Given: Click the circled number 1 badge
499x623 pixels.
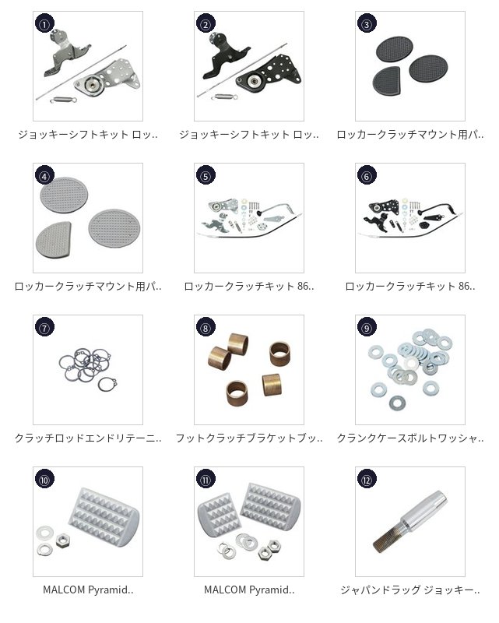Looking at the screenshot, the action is click(x=44, y=24).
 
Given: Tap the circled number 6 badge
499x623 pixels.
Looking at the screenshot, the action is click(x=367, y=176).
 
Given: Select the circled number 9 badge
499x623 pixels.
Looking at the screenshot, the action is click(x=367, y=327).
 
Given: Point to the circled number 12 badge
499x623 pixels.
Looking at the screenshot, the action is click(x=367, y=480).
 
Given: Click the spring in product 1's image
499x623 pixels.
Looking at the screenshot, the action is click(x=63, y=100).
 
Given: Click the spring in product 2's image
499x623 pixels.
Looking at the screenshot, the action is click(x=224, y=97).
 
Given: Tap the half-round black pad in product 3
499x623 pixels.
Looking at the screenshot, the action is click(x=386, y=80).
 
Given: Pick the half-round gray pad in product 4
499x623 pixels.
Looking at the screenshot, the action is click(x=53, y=240).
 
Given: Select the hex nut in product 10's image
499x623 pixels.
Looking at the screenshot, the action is click(x=63, y=540).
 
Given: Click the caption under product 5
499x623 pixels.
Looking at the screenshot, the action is click(x=249, y=286).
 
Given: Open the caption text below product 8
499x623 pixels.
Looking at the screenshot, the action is click(x=249, y=438).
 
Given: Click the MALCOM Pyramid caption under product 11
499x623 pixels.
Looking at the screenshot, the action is click(x=249, y=590).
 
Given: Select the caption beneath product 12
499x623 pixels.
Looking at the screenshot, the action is click(x=410, y=590).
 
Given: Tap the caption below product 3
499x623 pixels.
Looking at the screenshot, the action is click(x=410, y=135).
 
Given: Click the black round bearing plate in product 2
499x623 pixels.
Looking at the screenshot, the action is click(x=254, y=82).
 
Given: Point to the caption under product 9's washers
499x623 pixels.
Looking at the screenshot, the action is click(x=410, y=438).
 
